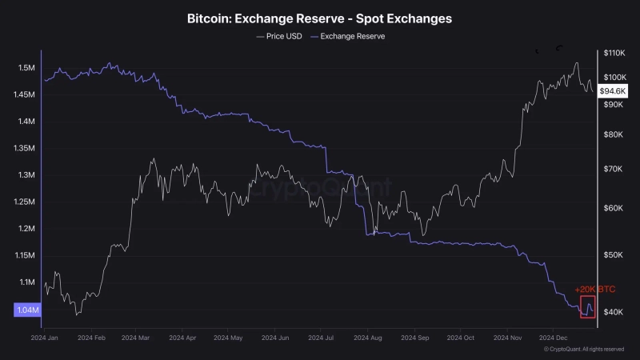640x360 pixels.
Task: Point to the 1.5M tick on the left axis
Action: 26,68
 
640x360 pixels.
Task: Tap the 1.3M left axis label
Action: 26,175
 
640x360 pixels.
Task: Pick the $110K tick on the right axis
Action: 614,53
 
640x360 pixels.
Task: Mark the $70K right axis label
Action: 613,170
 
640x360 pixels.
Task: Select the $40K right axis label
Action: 613,312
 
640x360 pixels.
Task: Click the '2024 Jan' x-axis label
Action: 44,338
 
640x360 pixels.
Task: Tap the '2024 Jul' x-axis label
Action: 327,338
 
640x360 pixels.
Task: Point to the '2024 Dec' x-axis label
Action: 553,338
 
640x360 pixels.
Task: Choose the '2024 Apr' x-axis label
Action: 183,338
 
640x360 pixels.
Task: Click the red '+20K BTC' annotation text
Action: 594,289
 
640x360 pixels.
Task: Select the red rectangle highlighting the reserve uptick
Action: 588,306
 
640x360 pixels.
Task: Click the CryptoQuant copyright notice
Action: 583,349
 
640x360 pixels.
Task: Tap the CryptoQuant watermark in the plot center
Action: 320,189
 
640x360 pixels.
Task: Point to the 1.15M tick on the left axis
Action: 26,256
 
